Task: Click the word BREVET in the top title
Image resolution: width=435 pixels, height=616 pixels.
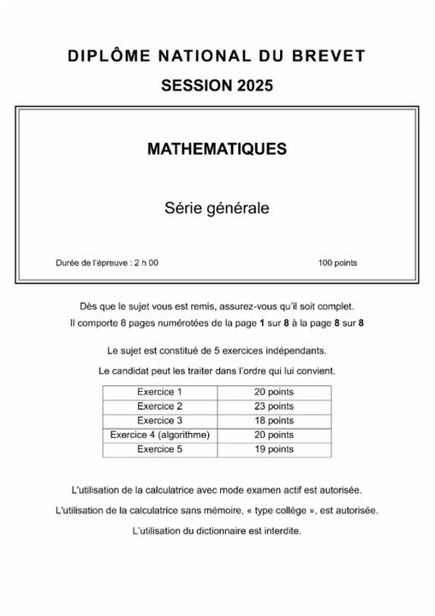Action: [x=330, y=56]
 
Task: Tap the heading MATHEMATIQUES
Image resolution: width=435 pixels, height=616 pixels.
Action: [x=217, y=149]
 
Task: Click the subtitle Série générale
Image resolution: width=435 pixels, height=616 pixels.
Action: [x=217, y=207]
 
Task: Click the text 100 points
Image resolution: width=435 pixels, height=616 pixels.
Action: [x=337, y=263]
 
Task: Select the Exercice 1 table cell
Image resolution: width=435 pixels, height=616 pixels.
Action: [x=160, y=392]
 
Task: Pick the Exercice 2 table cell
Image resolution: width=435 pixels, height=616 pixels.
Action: [x=160, y=406]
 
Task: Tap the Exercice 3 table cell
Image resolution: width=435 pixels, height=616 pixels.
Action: [x=160, y=420]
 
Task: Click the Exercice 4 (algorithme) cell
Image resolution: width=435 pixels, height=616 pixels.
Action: [x=160, y=435]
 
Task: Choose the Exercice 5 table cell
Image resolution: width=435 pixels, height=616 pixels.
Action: [x=160, y=448]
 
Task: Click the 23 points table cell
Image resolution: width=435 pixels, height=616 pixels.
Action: [x=274, y=406]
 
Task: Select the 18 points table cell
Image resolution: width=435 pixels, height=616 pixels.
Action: [x=274, y=420]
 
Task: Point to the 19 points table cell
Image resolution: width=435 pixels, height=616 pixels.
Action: [x=274, y=448]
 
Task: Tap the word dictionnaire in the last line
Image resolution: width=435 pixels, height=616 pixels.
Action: [x=218, y=530]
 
